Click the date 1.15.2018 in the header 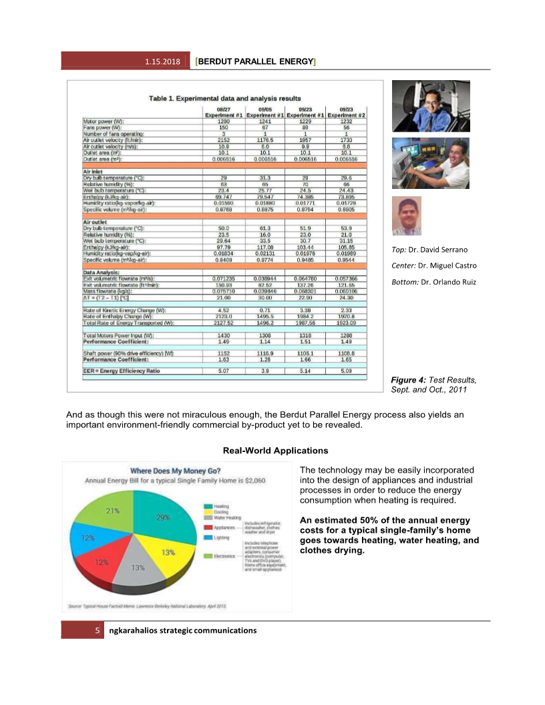(x=162, y=62)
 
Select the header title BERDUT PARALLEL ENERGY (x=254, y=62)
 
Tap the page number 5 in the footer (x=98, y=630)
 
